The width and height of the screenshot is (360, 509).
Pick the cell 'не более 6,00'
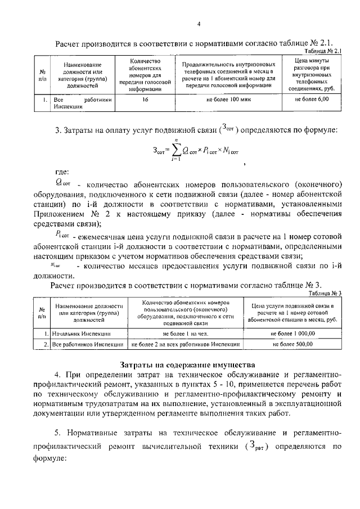[312, 100]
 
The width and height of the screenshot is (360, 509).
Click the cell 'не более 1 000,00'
[296, 333]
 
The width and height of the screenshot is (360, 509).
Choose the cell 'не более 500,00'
[296, 343]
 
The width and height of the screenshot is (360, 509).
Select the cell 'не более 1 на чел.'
[186, 333]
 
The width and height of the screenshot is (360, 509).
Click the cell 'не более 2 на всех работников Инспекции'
[186, 343]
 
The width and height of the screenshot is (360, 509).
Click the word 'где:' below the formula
[62, 172]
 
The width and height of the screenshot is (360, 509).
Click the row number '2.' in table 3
[43, 343]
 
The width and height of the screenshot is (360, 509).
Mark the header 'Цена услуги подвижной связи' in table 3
[296, 312]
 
